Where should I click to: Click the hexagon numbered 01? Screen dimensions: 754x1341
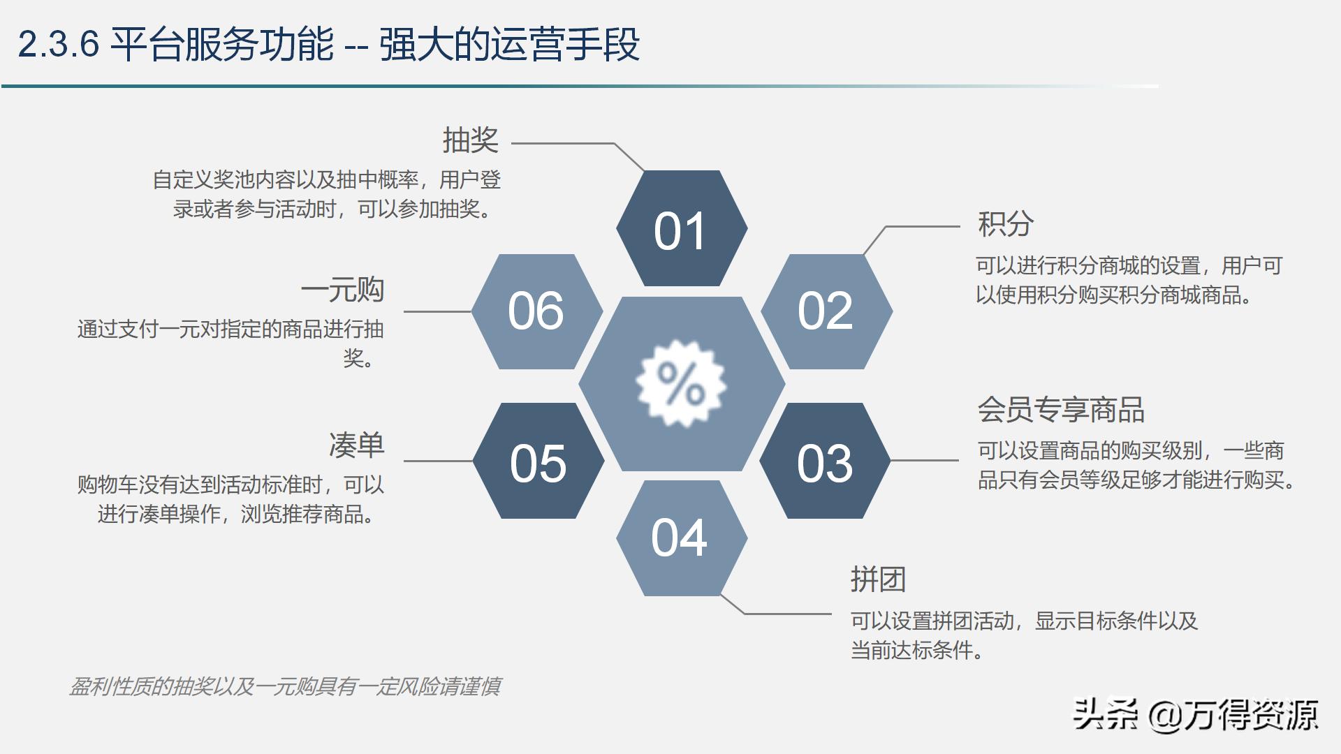coord(681,229)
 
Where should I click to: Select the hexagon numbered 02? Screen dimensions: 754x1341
coord(826,311)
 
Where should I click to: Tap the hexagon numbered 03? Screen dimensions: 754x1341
coord(825,461)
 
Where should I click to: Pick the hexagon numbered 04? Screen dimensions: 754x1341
coord(681,538)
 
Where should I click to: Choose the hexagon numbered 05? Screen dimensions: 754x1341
coord(538,461)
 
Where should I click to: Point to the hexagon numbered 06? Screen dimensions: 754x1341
coord(536,311)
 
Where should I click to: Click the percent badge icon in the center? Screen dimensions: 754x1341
coord(681,384)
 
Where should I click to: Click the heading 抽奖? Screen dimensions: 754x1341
coord(470,140)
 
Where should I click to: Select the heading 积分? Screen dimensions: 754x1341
coord(1005,224)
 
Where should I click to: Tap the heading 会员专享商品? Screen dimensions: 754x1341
coord(1060,410)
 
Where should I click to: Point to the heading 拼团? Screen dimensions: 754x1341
coord(878,579)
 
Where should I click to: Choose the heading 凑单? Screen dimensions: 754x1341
coord(356,445)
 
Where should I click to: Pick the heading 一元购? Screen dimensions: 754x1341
coord(342,290)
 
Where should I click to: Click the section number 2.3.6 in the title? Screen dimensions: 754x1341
coord(58,45)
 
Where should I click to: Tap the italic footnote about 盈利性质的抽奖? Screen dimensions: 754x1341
coord(285,687)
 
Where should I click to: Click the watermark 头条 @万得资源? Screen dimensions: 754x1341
coord(1195,715)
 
